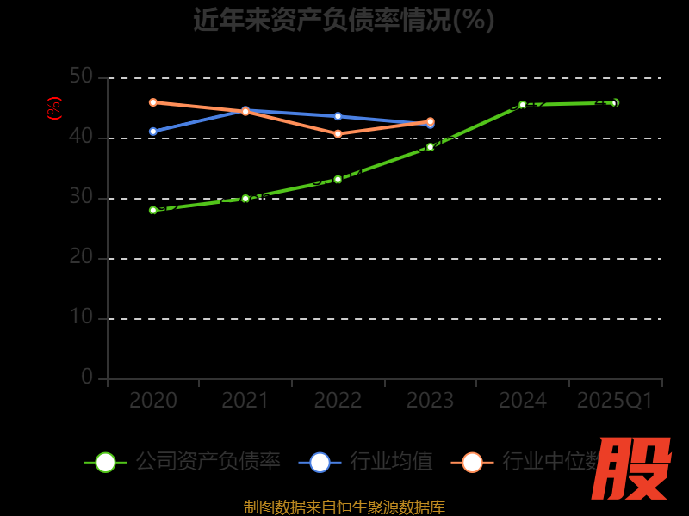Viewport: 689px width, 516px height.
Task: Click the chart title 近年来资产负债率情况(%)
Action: pos(344,20)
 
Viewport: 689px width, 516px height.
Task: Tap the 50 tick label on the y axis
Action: pos(81,77)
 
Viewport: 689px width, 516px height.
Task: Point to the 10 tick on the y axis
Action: pos(81,317)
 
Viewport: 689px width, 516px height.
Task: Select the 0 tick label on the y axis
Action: pos(87,377)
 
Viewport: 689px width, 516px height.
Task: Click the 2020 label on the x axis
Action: pos(153,401)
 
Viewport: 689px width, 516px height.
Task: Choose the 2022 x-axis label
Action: pos(338,401)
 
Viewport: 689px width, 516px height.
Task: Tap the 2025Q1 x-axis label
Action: pos(615,401)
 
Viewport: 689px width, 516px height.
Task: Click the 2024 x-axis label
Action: pos(523,401)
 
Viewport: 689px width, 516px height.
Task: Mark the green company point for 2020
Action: pos(153,210)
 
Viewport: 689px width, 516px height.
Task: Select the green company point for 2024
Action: pos(523,105)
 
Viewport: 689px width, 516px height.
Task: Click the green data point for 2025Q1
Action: pos(615,102)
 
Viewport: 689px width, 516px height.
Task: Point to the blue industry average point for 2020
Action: pos(153,132)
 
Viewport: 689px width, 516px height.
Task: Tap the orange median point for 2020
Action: pos(153,102)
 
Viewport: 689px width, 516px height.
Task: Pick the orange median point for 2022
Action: pos(338,134)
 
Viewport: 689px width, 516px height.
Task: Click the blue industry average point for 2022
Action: pos(338,116)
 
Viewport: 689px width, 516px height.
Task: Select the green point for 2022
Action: pos(338,180)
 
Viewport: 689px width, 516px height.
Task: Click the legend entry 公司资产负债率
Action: pos(208,462)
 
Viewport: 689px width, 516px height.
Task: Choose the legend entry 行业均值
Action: pos(391,462)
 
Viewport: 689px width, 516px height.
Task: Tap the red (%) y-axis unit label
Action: pos(54,108)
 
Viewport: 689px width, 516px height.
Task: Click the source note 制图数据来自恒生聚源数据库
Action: pos(344,507)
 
